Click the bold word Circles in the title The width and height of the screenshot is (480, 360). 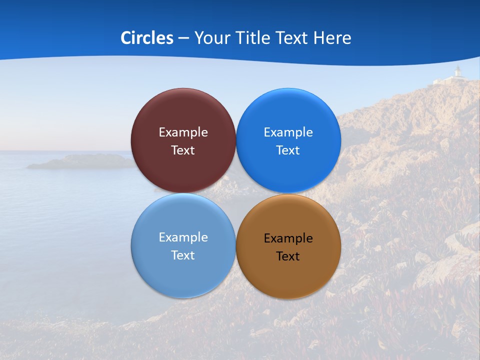[147, 38]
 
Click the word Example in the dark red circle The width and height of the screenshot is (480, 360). [183, 132]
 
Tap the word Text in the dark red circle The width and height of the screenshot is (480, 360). [183, 150]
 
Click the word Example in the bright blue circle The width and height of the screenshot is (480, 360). [288, 132]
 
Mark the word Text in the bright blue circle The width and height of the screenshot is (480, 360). [288, 150]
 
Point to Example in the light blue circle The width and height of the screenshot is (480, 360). [183, 237]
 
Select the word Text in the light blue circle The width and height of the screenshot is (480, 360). [183, 255]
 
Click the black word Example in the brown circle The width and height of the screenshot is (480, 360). [288, 238]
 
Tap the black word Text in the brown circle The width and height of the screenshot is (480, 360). [288, 256]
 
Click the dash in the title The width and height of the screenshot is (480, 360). [183, 38]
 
